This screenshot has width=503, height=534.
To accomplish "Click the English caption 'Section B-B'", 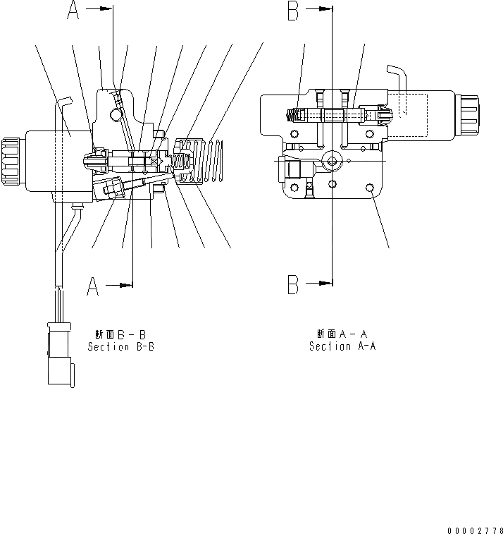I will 120,347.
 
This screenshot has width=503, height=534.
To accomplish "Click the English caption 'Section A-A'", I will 342,346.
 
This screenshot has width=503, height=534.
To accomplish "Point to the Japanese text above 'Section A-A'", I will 342,334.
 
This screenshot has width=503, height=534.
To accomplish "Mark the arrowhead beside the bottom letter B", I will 325,284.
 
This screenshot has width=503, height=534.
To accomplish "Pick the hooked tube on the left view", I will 64,102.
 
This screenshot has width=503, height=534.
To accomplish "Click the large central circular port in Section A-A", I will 331,161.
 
